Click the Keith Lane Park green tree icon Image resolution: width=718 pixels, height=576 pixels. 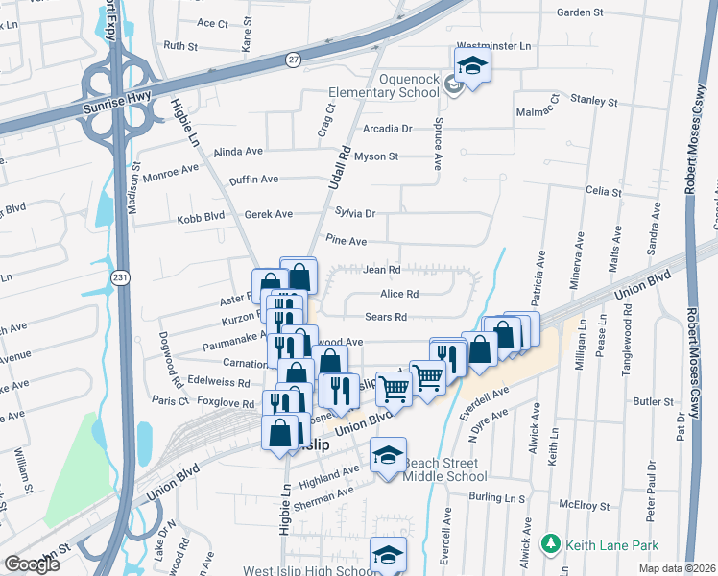coord(550,544)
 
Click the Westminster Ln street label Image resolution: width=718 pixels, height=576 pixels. coord(493,45)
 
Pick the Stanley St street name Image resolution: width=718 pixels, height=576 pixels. coord(593,100)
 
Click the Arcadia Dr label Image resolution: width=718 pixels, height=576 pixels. coord(387,128)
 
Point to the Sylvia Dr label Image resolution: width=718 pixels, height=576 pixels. coord(354,213)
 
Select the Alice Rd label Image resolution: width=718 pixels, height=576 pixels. coord(399,294)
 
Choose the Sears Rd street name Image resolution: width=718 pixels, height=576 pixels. coord(386,317)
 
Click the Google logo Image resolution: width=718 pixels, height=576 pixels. coord(32,564)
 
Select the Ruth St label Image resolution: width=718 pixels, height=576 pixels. coord(179,45)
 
